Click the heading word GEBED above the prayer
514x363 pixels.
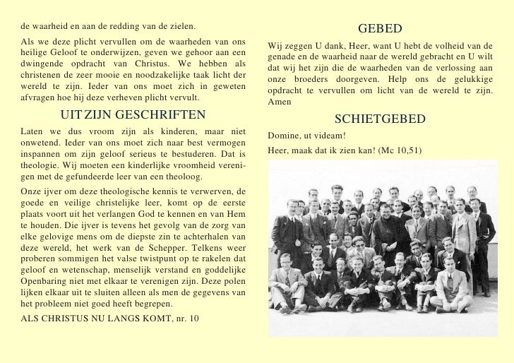pyautogui.click(x=380, y=29)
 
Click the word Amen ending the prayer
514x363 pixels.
pyautogui.click(x=280, y=102)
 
